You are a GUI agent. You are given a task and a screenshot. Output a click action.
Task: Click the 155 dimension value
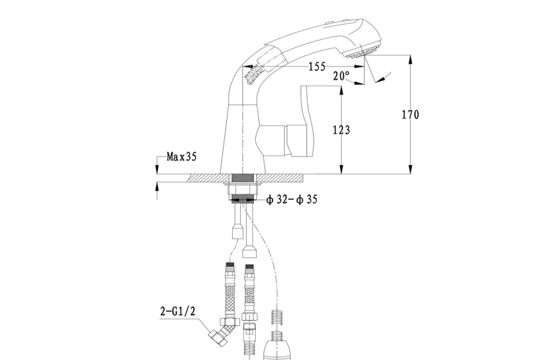pos(317,67)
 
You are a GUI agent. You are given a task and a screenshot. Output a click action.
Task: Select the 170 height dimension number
pos(410,115)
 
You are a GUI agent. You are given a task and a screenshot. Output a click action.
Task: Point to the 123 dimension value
pos(342,130)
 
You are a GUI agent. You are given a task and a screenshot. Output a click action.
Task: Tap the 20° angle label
pos(341,76)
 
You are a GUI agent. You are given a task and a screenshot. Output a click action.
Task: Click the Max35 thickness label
pos(181,157)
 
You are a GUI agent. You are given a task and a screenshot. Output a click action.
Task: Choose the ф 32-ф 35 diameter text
pos(292,200)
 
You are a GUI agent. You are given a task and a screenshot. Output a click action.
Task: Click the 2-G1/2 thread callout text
pos(178,311)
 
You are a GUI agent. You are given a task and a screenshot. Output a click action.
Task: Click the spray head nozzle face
pos(363,52)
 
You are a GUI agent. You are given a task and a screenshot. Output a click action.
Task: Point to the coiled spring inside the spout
pos(254,75)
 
